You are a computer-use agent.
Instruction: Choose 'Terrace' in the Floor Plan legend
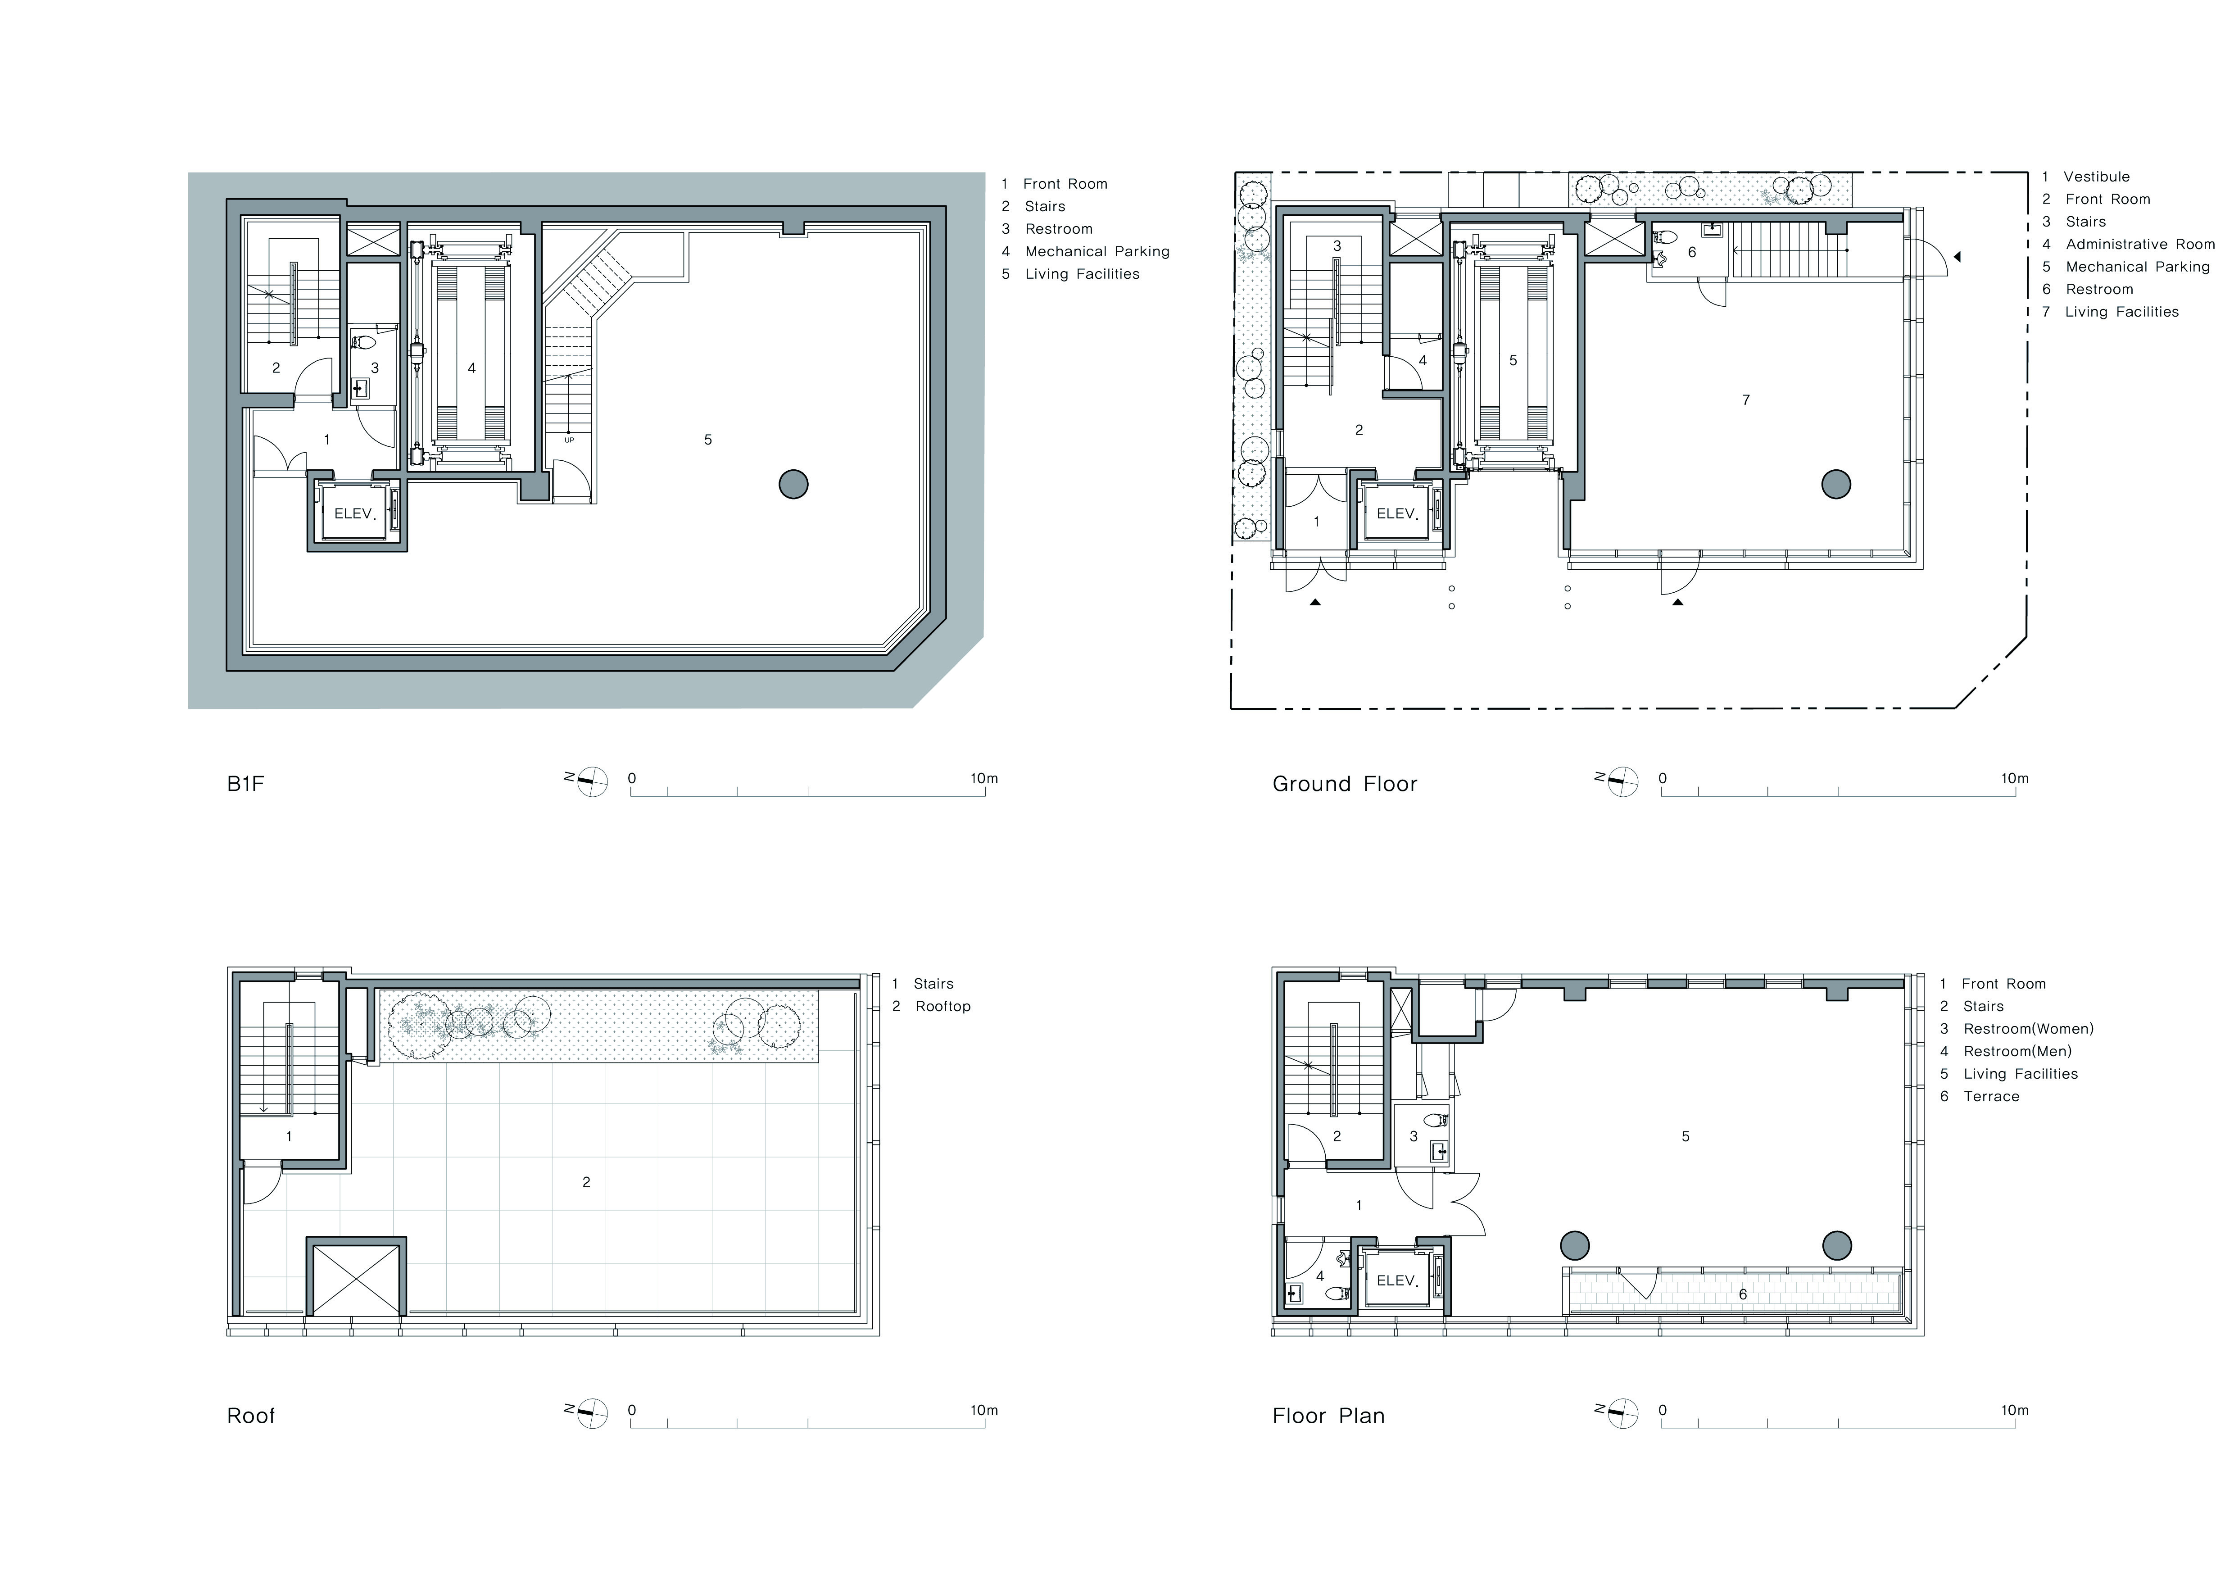[x=1992, y=1096]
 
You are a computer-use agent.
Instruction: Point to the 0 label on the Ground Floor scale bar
[x=1663, y=778]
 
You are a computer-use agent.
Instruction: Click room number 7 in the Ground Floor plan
[x=1745, y=400]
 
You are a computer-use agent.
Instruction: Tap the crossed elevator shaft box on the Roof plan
[x=356, y=1277]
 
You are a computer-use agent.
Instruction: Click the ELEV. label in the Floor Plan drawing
[x=1397, y=1281]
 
